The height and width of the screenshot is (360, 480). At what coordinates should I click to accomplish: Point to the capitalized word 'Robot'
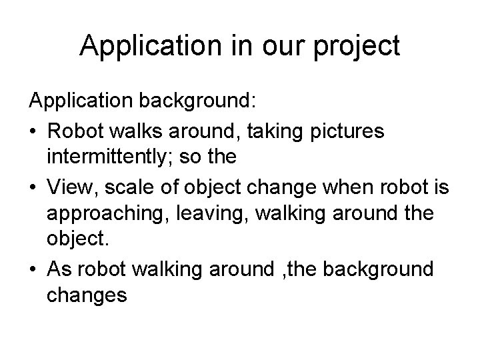(77, 132)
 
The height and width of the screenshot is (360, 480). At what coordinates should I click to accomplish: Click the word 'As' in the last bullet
(59, 269)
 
